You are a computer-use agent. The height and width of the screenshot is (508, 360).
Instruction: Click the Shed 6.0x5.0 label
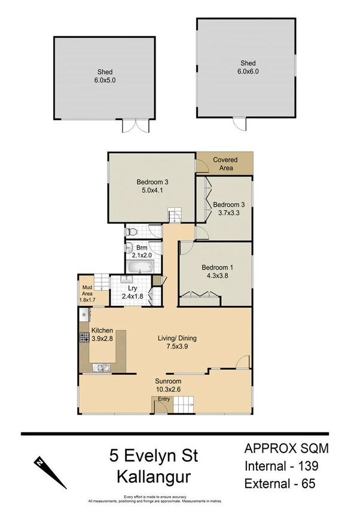(x=89, y=77)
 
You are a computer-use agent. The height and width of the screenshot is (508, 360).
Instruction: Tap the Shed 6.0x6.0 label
(x=248, y=68)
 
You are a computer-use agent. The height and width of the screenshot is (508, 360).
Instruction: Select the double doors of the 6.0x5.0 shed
(x=135, y=126)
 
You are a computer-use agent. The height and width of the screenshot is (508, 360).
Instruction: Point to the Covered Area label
(x=225, y=164)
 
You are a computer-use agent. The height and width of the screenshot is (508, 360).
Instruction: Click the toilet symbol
(x=132, y=231)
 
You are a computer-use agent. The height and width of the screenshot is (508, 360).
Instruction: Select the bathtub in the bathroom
(x=141, y=266)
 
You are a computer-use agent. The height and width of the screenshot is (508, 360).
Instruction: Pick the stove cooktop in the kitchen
(x=84, y=338)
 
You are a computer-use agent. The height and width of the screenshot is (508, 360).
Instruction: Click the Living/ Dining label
(x=177, y=342)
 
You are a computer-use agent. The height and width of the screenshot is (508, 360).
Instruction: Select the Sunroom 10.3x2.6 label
(x=168, y=385)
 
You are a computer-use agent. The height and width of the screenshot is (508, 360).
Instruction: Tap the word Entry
(x=164, y=399)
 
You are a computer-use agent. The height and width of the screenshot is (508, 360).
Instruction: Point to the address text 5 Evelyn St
(x=154, y=456)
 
